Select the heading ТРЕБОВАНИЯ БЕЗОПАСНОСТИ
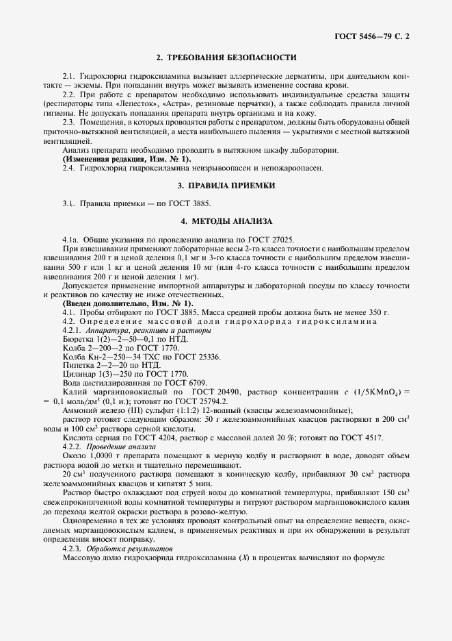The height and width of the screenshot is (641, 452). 226,58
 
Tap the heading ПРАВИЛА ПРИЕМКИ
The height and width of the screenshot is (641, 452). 226,185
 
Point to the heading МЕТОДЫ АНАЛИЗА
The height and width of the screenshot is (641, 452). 226,221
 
